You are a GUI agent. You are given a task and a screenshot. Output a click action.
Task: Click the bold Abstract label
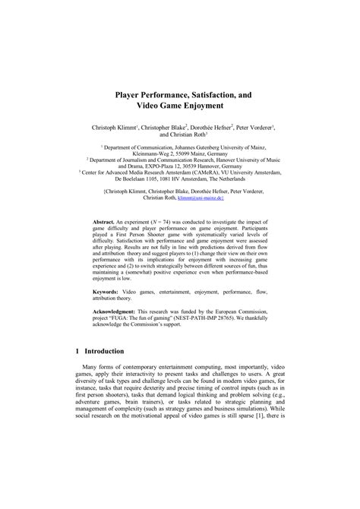(x=106, y=217)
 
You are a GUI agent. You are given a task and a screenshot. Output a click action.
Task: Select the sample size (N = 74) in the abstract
(x=168, y=217)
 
